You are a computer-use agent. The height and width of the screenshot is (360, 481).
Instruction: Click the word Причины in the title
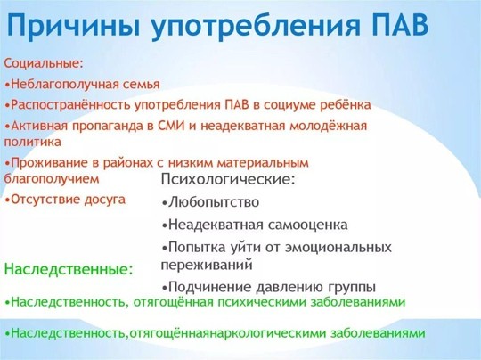click(73, 26)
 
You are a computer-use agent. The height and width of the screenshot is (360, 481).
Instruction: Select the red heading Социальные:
click(44, 64)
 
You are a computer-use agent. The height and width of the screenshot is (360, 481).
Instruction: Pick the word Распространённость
click(71, 105)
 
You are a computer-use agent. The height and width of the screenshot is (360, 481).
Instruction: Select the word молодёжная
click(328, 126)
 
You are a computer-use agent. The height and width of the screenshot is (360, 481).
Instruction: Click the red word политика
click(33, 142)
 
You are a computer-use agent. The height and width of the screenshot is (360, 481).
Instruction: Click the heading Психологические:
click(228, 179)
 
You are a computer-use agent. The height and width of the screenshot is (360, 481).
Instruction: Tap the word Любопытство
click(214, 202)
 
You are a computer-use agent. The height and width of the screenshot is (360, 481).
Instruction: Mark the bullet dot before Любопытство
click(165, 203)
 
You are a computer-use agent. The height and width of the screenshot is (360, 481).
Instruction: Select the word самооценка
click(307, 225)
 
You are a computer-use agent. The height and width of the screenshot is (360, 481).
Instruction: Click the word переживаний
click(207, 266)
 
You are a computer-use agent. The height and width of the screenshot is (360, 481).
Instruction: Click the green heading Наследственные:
click(69, 269)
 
